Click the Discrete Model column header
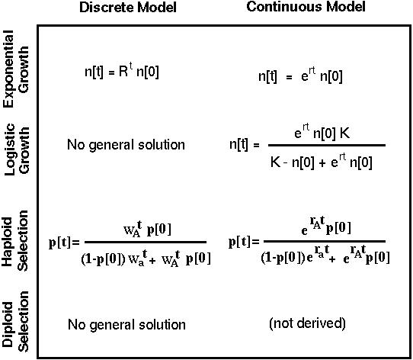pos(128,8)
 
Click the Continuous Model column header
pos(306,7)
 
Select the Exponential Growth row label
pos(16,69)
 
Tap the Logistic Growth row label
pos(17,149)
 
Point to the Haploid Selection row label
pos(15,241)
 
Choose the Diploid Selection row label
pos(15,322)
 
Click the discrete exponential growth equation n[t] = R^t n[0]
pos(122,71)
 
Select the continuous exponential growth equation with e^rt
pos(300,76)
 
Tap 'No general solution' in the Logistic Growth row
pos(126,145)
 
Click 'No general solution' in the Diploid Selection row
pos(126,325)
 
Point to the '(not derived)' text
pos(307,323)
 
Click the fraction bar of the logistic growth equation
pos(327,145)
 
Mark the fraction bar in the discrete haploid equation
pos(146,242)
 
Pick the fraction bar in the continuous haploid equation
pos(325,241)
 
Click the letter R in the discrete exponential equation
pos(123,71)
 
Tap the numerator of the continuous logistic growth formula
pos(322,132)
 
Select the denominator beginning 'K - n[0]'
pos(321,161)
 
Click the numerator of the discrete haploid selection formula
pos(147,229)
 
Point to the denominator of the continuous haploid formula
pos(325,255)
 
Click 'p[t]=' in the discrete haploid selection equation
pos(64,243)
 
